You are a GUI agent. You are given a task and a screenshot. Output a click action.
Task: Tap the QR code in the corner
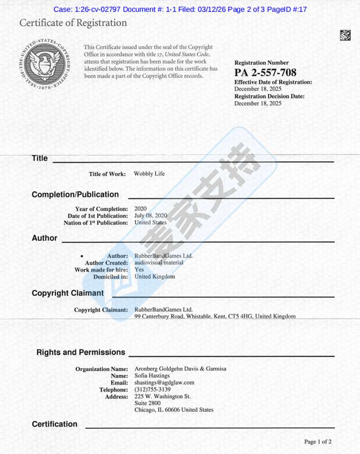[x=345, y=35]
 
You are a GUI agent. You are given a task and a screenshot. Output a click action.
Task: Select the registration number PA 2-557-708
[x=265, y=73]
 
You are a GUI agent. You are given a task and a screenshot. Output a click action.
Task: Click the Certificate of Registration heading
[x=73, y=23]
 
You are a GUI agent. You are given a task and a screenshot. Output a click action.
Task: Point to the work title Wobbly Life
[x=149, y=174]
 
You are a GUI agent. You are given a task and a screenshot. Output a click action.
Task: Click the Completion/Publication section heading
[x=75, y=195]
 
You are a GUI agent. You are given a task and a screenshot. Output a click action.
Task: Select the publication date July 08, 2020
[x=151, y=216]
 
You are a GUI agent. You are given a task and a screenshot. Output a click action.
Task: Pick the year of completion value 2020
[x=141, y=209]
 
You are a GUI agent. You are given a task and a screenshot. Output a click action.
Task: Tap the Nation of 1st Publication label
[x=96, y=223]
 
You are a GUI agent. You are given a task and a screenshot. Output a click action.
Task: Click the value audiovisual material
[x=159, y=263]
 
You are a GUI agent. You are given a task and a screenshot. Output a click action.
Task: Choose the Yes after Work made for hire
[x=139, y=270]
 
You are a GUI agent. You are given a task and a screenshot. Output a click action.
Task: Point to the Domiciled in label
[x=111, y=277]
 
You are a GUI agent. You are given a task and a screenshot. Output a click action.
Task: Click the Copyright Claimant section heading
[x=68, y=293]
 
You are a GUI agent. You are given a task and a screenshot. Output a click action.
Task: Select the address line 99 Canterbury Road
[x=215, y=317]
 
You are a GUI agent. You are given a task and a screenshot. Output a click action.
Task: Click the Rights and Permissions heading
[x=81, y=352]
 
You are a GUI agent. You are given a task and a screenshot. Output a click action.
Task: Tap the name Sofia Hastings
[x=152, y=376]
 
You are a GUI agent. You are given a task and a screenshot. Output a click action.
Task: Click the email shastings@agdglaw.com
[x=164, y=382]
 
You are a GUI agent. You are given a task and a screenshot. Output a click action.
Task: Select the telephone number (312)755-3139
[x=153, y=390]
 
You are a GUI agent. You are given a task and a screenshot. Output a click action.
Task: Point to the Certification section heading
[x=54, y=424]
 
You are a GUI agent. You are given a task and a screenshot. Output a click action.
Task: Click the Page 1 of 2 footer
[x=318, y=442]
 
